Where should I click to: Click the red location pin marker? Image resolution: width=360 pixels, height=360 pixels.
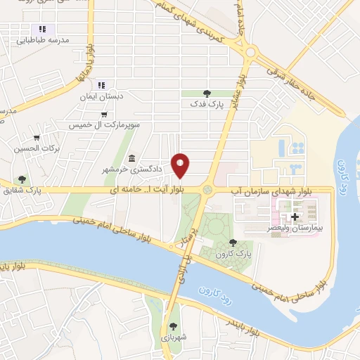point(181,165)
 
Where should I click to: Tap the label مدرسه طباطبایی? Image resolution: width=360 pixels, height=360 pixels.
point(43,40)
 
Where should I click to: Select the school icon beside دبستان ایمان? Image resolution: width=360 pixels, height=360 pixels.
point(101,84)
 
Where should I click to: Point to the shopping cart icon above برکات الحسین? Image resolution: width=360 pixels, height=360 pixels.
point(37,137)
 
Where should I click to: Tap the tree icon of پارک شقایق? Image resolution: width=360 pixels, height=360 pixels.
point(22,179)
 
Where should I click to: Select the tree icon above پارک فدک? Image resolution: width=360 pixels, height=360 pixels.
point(206,92)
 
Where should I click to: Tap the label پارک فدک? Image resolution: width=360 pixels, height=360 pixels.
point(206,103)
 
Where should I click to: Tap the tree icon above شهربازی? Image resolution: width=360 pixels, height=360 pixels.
point(173,326)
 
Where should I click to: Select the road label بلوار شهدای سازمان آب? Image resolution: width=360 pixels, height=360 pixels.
point(270,191)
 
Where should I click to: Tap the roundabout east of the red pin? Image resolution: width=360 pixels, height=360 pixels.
point(207,190)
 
